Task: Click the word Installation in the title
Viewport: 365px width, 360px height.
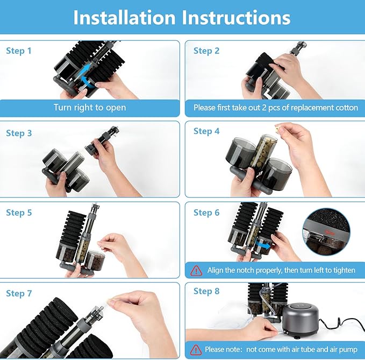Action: (x=124, y=17)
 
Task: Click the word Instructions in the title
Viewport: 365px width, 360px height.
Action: (x=236, y=17)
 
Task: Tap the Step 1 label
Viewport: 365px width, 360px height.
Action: (x=19, y=51)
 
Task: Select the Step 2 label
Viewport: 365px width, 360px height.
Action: (x=206, y=51)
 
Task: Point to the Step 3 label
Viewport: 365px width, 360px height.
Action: (x=19, y=133)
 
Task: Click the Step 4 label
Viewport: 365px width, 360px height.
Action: (x=206, y=131)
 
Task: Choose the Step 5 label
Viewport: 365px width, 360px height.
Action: (x=19, y=213)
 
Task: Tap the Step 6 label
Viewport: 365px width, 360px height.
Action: (x=206, y=213)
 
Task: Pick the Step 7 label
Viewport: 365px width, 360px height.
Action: (x=19, y=294)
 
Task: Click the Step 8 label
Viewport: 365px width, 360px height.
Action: (x=206, y=291)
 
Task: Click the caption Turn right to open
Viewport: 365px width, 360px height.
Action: (x=90, y=108)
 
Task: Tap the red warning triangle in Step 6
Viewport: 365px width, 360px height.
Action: (x=196, y=271)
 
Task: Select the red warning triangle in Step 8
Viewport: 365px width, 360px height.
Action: (x=196, y=350)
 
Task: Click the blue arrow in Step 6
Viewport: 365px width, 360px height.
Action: (x=263, y=245)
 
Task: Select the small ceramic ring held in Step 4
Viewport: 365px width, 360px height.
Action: (x=277, y=128)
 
